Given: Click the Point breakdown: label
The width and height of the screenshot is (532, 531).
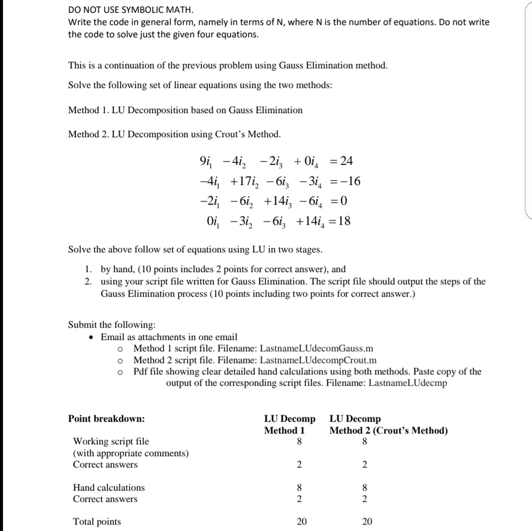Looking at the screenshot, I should (x=107, y=419).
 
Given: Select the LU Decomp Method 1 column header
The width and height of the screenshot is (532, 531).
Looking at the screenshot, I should (x=289, y=425).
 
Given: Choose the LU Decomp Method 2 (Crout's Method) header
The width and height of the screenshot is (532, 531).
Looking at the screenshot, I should (x=389, y=425).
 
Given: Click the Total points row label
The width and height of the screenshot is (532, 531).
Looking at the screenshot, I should (x=97, y=522).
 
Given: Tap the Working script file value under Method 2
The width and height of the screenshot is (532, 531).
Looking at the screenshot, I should (x=365, y=442).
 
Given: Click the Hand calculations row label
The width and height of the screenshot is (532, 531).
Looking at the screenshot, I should (x=109, y=487).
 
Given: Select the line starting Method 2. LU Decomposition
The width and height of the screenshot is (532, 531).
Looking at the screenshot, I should (x=175, y=134).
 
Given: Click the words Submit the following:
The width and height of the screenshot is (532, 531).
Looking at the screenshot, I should (x=112, y=325).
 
